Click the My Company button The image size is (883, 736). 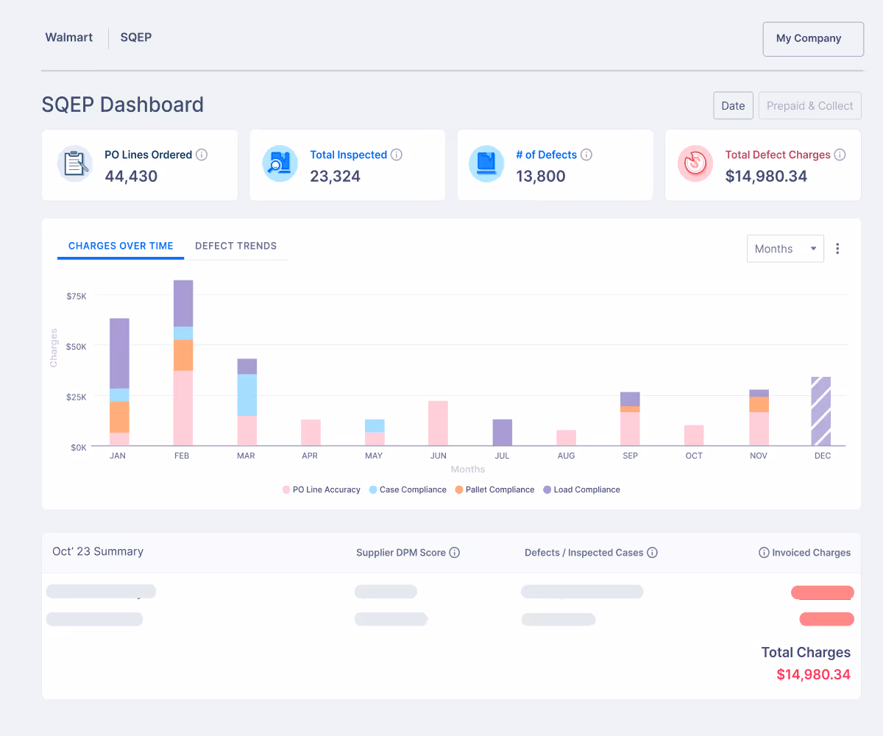pos(812,39)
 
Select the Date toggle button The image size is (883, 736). pos(733,106)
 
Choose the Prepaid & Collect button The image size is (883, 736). pos(809,106)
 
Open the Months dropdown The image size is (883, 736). pos(784,249)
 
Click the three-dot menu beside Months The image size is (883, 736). pos(837,249)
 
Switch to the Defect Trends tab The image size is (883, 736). pos(235,246)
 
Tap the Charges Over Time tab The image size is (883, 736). pos(121,246)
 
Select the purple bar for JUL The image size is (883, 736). pos(502,432)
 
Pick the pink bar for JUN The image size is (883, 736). pos(438,423)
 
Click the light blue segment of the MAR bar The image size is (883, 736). pos(247,394)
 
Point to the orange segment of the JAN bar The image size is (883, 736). pos(119,417)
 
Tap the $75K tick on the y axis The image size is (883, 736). pos(77,296)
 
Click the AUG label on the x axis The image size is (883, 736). pos(566,456)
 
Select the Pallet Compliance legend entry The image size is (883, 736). pos(500,489)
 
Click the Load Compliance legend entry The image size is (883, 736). pos(586,489)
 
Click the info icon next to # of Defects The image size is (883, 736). pos(586,155)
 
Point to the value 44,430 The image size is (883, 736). pos(131,176)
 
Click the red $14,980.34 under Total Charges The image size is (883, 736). pos(813,674)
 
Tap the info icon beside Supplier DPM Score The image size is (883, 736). pos(455,553)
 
